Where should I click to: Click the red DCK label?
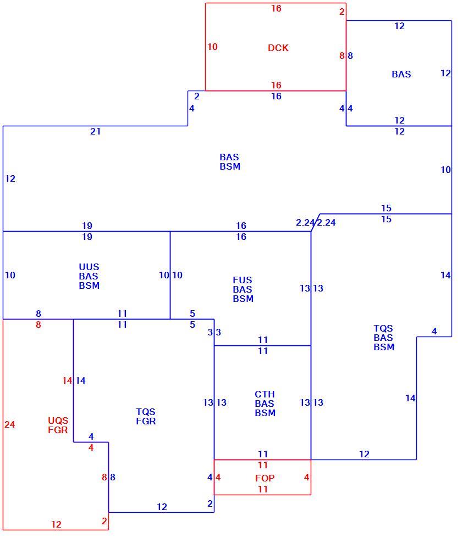coord(278,48)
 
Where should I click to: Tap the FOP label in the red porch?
coord(265,478)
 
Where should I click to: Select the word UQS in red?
coord(58,421)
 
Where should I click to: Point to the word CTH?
coord(265,394)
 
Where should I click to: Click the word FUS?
coord(242,280)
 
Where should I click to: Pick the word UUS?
coord(89,267)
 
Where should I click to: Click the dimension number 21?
coord(96,131)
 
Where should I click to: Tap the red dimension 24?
coord(9,425)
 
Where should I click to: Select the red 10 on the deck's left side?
coord(212,47)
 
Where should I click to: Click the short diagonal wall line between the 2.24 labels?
coord(316,222)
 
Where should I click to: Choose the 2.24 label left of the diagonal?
coord(305,223)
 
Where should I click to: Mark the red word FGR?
coord(58,430)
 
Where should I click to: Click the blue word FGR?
coord(146,421)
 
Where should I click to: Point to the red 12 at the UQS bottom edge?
coord(56,524)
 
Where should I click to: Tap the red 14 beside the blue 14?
coord(67,380)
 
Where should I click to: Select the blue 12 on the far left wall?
coord(10,178)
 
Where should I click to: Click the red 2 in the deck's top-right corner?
coord(342,12)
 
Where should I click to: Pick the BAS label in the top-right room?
coord(401,74)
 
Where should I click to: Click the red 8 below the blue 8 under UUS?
coord(38,324)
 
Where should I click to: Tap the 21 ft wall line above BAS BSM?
coord(96,126)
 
